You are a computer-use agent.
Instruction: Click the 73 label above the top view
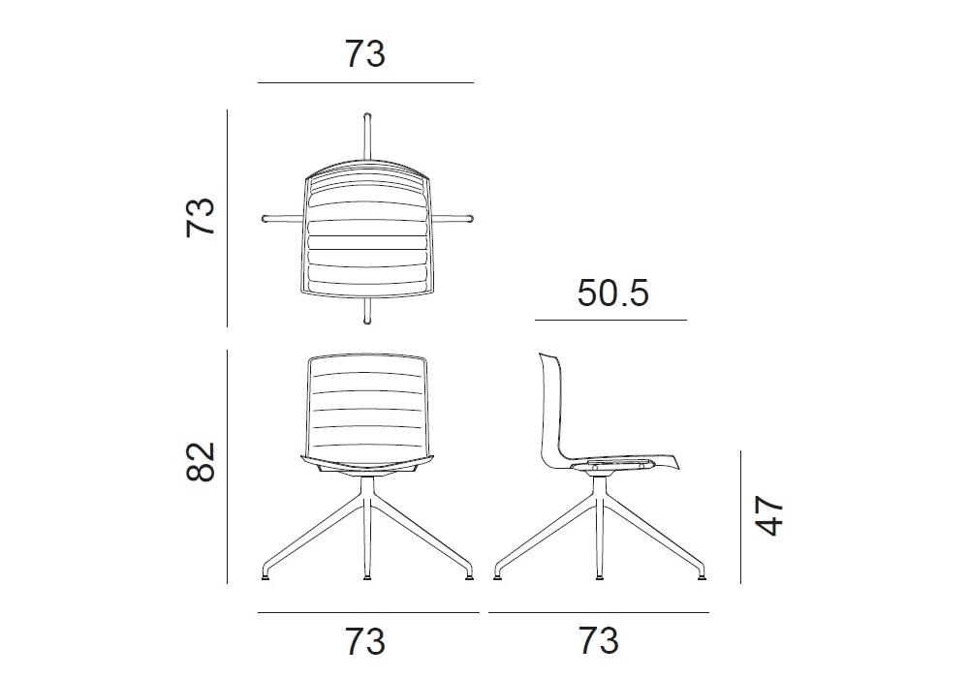point(365,53)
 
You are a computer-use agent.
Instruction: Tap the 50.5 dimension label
point(612,293)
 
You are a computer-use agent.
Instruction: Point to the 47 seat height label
point(769,515)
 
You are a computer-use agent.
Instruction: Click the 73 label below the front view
point(365,640)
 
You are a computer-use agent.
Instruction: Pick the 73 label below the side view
point(598,640)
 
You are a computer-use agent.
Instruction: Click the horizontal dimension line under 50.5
point(610,320)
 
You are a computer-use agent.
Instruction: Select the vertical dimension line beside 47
point(740,517)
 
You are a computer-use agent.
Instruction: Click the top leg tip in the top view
point(367,116)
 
